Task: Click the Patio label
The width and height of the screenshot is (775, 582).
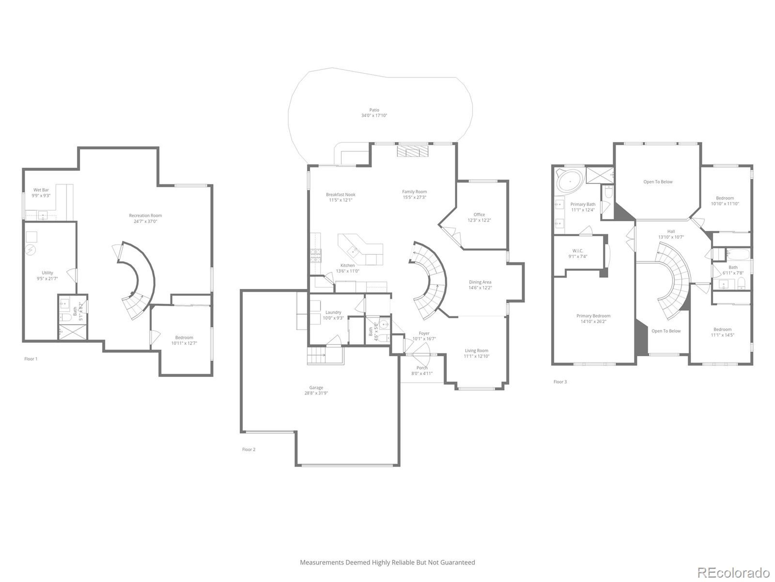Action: [x=374, y=110]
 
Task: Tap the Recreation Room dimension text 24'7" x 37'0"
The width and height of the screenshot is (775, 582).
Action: [x=145, y=221]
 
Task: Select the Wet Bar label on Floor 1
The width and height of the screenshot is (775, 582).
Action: [x=41, y=190]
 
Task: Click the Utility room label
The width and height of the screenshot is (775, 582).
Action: [x=47, y=273]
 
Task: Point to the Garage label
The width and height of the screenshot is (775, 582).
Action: [x=316, y=388]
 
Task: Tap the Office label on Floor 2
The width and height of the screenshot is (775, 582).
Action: [x=479, y=214]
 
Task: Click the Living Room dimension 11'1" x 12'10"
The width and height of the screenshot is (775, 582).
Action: [x=476, y=356]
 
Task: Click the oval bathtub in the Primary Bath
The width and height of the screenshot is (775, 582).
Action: [x=570, y=181]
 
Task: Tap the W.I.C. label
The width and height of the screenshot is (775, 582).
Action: [x=577, y=251]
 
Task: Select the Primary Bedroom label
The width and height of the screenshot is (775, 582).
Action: [x=593, y=316]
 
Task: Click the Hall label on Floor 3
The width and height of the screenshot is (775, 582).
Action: [x=671, y=231]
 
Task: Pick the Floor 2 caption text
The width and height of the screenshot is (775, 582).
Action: [x=249, y=450]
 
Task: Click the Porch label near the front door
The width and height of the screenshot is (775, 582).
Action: [x=421, y=368]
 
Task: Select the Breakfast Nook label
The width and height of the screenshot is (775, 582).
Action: [x=340, y=194]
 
